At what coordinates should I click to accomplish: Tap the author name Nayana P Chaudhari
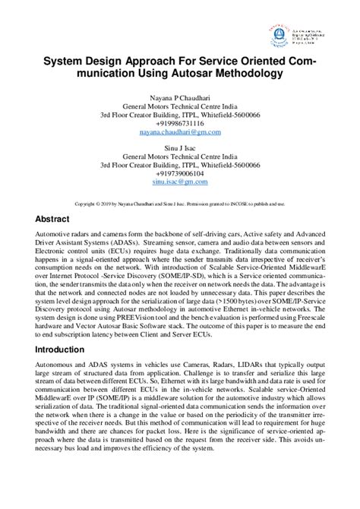[180, 99]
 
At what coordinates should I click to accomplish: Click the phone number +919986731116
[180, 124]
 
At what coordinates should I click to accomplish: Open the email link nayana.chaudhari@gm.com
[180, 132]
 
